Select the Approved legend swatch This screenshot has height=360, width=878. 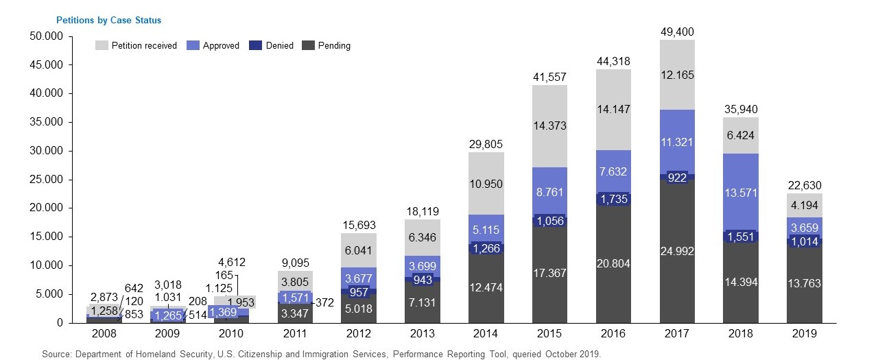point(193,46)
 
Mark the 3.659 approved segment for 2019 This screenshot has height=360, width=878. point(804,228)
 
